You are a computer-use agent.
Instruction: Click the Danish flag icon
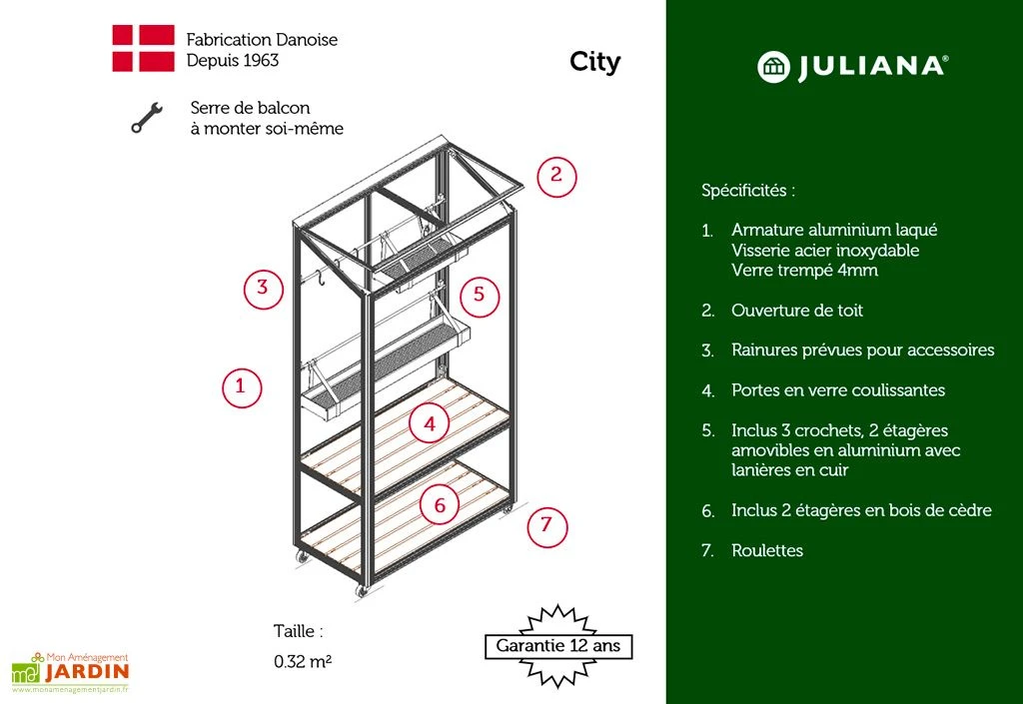point(143,49)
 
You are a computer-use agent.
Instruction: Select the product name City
point(594,62)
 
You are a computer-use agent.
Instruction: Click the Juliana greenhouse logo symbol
point(773,67)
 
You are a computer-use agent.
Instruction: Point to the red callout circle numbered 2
point(556,177)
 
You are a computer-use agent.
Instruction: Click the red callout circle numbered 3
point(262,289)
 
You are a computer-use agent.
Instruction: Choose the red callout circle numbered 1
point(240,386)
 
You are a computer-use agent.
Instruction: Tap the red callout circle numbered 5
point(479,295)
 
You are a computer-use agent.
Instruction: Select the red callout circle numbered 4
point(430,423)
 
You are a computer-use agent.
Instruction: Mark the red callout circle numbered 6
point(440,505)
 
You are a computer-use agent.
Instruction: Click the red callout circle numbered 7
point(546,525)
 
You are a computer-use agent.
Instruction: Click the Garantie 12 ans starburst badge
point(558,645)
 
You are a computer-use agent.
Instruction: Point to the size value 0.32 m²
point(303,661)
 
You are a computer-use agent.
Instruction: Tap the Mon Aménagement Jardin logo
point(70,671)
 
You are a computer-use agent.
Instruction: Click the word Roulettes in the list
point(767,550)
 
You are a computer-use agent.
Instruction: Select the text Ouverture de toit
point(797,311)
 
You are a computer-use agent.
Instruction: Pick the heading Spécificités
point(748,190)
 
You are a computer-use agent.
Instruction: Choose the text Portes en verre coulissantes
point(838,390)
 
